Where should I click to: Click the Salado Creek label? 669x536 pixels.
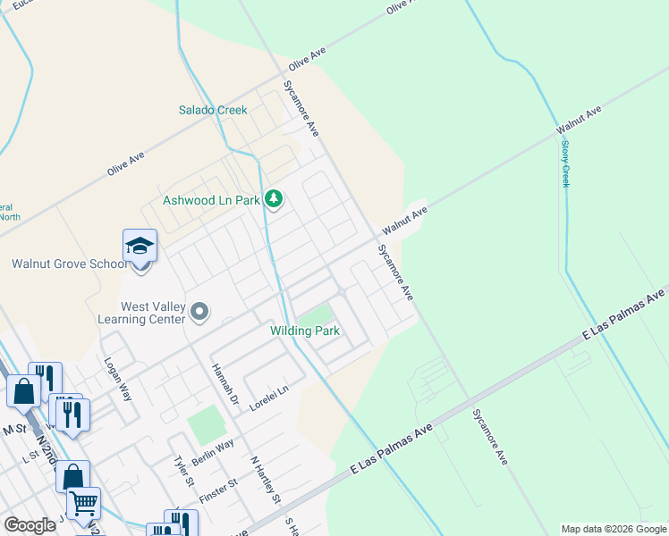coord(212,110)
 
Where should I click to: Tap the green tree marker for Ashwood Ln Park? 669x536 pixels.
coord(275,199)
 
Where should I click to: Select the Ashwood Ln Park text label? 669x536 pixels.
coord(211,200)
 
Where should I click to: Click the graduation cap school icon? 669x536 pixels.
coord(140,246)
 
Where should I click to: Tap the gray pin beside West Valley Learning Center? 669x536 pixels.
coord(199,313)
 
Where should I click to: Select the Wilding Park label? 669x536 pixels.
coord(305,331)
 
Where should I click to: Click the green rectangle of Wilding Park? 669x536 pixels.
coord(314,315)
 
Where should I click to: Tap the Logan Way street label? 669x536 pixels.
coord(118,381)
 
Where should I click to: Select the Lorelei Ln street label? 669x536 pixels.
coord(270,396)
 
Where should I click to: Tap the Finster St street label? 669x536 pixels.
coord(219,495)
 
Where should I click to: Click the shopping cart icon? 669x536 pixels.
coord(83,503)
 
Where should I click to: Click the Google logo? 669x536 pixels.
coord(30,525)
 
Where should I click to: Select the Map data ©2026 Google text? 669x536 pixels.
coord(613,529)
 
